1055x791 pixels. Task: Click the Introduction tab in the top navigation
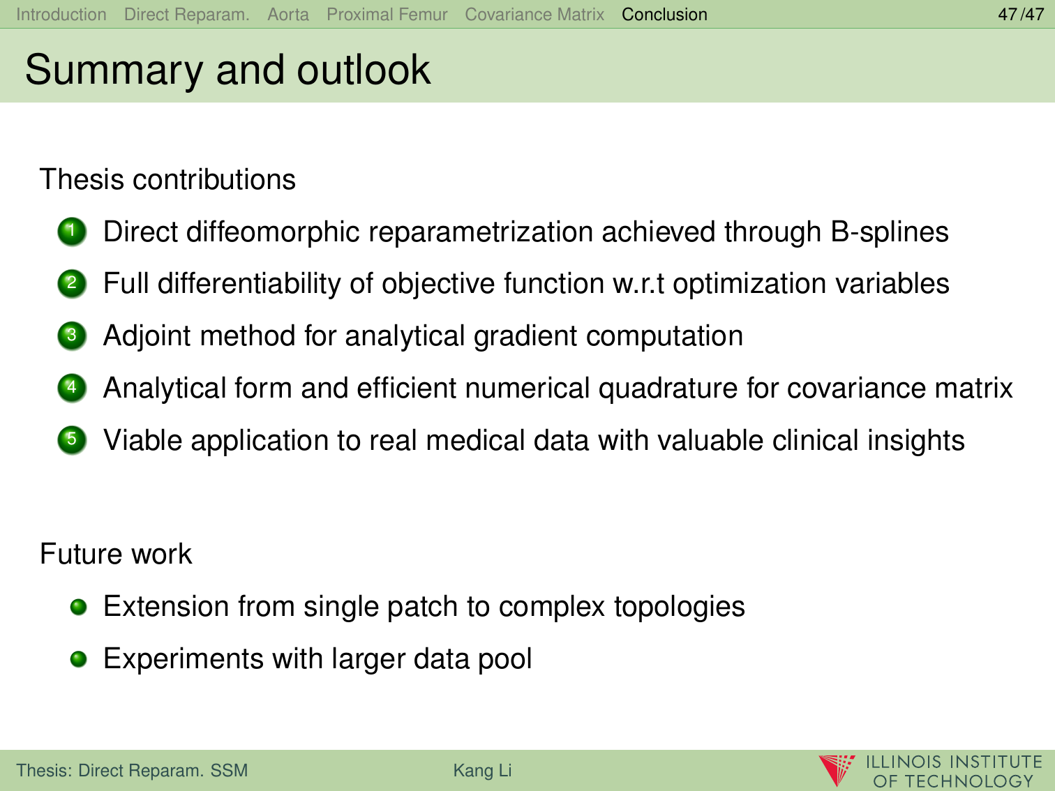click(x=61, y=15)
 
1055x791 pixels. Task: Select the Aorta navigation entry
click(x=288, y=15)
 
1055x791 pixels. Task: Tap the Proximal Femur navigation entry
click(x=387, y=15)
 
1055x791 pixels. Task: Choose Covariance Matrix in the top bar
click(x=534, y=15)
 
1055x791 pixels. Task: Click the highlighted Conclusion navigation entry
click(x=664, y=15)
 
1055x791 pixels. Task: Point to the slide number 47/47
click(x=1021, y=15)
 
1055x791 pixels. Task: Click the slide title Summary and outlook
click(x=227, y=70)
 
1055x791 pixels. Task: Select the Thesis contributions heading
click(x=167, y=180)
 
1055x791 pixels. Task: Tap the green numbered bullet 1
click(x=72, y=232)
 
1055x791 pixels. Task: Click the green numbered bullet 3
click(x=72, y=336)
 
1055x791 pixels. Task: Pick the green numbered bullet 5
click(x=72, y=440)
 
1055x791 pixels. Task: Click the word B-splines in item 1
click(x=889, y=232)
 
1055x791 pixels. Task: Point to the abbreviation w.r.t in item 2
click(x=638, y=284)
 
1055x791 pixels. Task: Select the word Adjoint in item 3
click(x=147, y=336)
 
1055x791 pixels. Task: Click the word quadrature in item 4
click(x=668, y=389)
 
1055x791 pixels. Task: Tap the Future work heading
click(x=116, y=554)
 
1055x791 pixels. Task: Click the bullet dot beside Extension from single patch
click(x=78, y=607)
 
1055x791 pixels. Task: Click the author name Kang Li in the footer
click(x=482, y=770)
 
